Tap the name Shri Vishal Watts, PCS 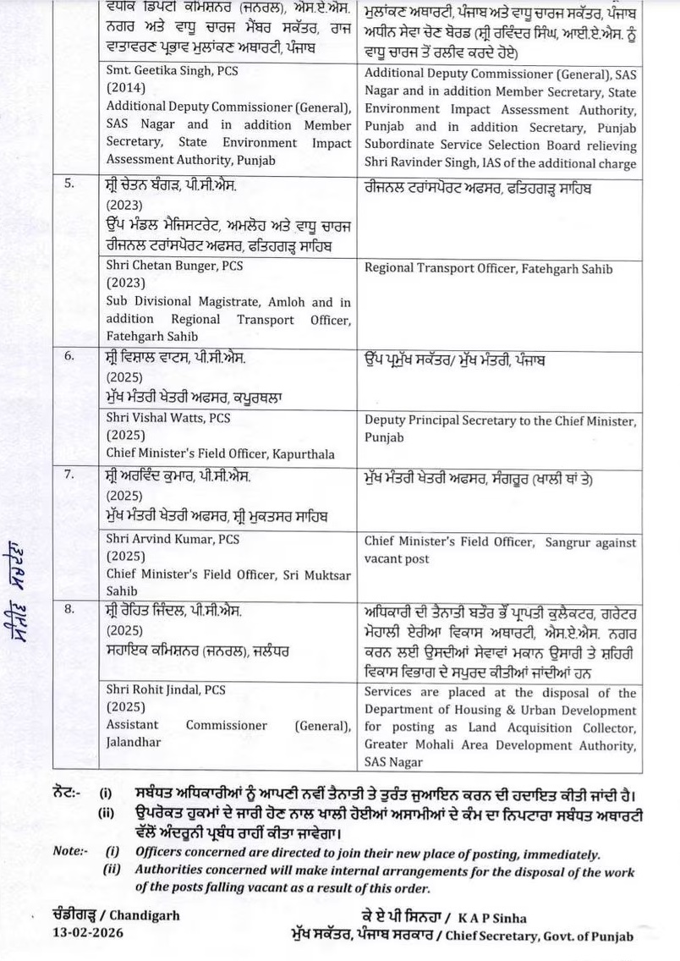click(x=168, y=418)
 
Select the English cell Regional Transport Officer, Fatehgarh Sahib click(x=489, y=269)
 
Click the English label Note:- click(x=69, y=852)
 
